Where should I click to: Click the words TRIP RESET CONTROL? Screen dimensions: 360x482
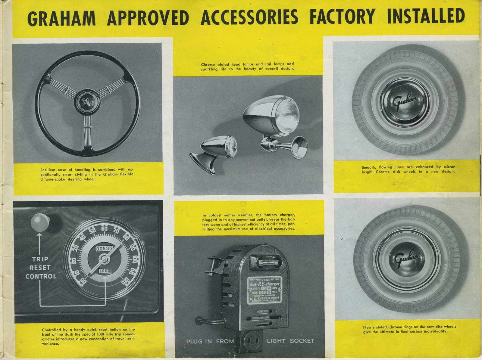41,268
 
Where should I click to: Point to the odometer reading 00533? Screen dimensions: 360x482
104,249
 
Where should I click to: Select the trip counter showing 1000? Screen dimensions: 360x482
105,271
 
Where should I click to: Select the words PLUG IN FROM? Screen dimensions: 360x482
210,341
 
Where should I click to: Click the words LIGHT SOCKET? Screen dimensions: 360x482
290,341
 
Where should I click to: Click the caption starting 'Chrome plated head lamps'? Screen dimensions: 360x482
247,67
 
